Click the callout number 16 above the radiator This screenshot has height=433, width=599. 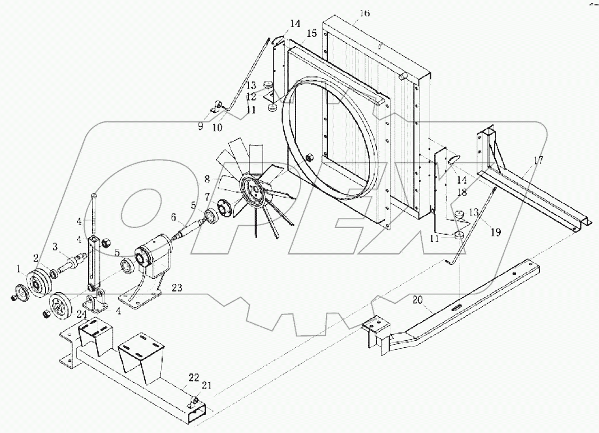(x=365, y=13)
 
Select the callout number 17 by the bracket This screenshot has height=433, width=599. (x=538, y=161)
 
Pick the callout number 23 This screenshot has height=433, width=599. (x=177, y=287)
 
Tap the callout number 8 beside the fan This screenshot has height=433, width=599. (x=207, y=180)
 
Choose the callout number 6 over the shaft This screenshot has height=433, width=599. (x=173, y=216)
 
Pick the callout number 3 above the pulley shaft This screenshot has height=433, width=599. (x=56, y=246)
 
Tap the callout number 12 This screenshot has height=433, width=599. (x=251, y=98)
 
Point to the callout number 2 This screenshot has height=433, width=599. (x=35, y=258)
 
